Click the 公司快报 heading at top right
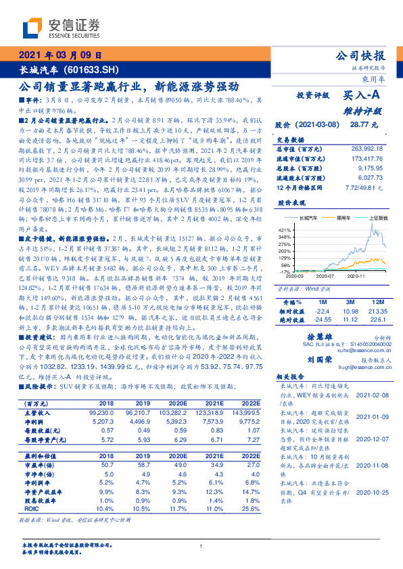click(361, 56)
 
